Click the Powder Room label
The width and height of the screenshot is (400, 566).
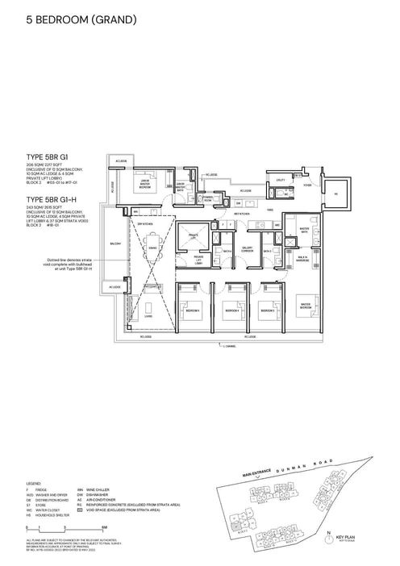tap(208, 197)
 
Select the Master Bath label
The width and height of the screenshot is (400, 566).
tap(306, 229)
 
